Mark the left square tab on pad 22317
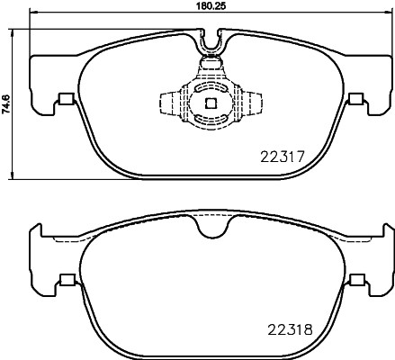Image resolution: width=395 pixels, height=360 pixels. tap(63, 100)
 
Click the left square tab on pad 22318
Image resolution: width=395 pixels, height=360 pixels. tap(63, 279)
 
